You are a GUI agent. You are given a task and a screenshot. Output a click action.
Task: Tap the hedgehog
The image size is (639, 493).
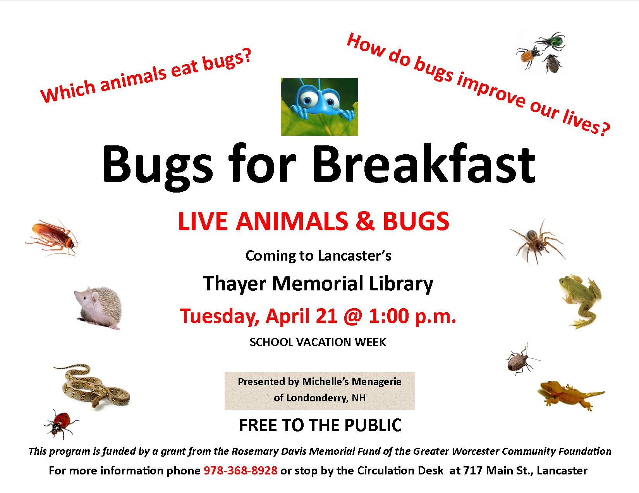pyautogui.click(x=98, y=307)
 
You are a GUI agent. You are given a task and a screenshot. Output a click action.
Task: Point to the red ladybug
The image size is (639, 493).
pyautogui.click(x=61, y=424)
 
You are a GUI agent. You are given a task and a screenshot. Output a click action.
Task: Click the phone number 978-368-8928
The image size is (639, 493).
pyautogui.click(x=240, y=471)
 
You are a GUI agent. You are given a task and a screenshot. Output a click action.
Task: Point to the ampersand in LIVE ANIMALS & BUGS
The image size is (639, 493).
pyautogui.click(x=365, y=221)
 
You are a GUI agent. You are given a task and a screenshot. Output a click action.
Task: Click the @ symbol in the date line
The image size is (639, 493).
pyautogui.click(x=352, y=317)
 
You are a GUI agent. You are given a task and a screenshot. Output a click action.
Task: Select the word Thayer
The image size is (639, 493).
pyautogui.click(x=234, y=284)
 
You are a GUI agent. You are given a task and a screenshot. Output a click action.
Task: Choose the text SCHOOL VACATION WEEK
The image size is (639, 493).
pyautogui.click(x=318, y=342)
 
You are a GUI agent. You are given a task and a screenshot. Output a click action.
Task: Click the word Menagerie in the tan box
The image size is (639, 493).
pyautogui.click(x=376, y=382)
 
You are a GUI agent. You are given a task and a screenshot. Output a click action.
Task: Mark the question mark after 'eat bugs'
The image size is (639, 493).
pyautogui.click(x=246, y=56)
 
